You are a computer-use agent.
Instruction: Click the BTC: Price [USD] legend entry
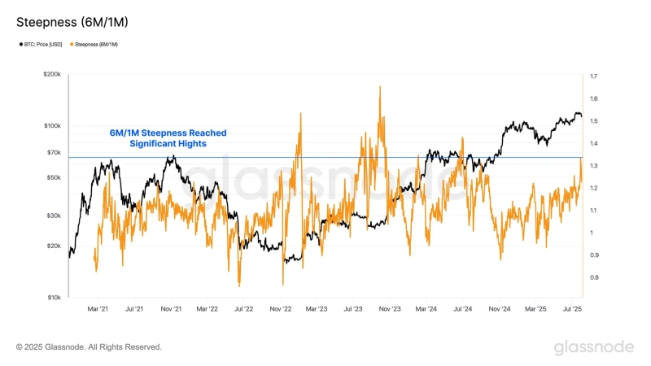pos(42,44)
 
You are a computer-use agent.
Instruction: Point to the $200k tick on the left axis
pos(52,74)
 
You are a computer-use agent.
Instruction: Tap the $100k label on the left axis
pos(52,126)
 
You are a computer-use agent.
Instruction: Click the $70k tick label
pos(54,152)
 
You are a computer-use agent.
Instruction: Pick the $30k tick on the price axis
pos(54,216)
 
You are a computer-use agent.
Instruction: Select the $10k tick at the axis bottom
pos(54,298)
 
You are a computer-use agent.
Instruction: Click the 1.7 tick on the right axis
pos(594,76)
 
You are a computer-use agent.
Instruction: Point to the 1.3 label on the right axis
pos(594,166)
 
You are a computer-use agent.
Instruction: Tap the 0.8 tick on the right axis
pos(594,277)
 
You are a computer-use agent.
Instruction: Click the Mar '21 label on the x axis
pos(98,309)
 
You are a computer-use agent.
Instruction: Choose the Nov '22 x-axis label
pos(281,309)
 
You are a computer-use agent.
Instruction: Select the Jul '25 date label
pos(572,309)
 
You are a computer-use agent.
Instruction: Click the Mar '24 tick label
pos(426,309)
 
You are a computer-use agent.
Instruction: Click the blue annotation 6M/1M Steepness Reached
pos(168,133)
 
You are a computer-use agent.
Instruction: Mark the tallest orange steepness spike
pos(380,88)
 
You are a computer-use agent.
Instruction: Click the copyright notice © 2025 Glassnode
pos(89,347)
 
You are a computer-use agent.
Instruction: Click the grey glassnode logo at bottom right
pos(593,347)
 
